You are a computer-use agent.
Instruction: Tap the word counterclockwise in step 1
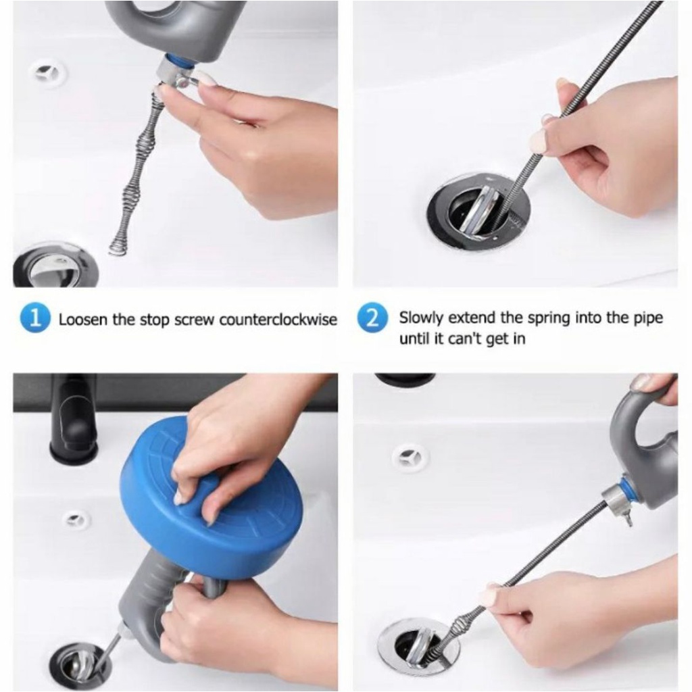pyautogui.click(x=278, y=319)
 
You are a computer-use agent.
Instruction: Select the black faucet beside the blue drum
pyautogui.click(x=75, y=419)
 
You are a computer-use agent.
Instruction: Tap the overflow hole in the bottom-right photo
pyautogui.click(x=410, y=457)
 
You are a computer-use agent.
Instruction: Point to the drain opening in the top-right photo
pyautogui.click(x=479, y=208)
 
